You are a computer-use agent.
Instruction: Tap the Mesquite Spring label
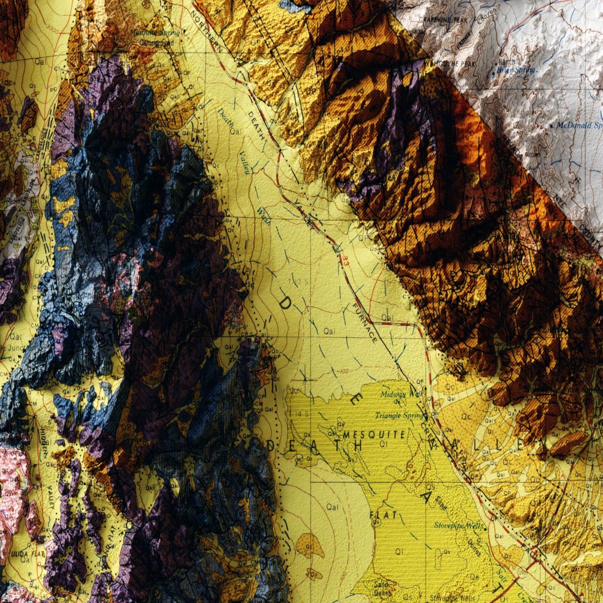[x=155, y=33]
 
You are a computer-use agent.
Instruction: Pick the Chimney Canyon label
[x=486, y=20]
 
